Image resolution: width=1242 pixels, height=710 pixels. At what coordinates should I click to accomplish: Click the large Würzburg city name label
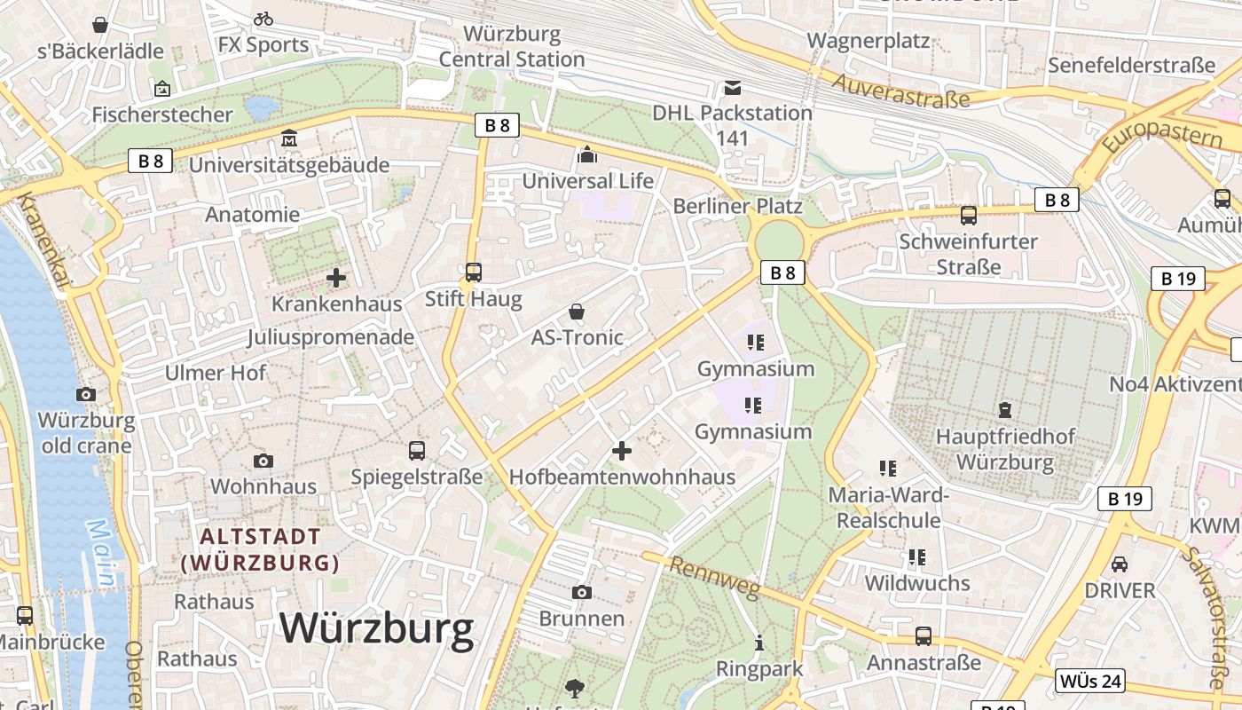[x=377, y=628]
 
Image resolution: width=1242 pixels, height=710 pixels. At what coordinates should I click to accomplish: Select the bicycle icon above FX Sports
[x=263, y=19]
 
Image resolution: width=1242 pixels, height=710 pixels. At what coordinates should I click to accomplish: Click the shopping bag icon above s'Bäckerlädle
[x=100, y=25]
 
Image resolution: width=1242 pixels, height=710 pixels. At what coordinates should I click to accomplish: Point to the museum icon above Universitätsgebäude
[x=289, y=138]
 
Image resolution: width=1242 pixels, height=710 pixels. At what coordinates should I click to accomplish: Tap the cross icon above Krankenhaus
[x=336, y=278]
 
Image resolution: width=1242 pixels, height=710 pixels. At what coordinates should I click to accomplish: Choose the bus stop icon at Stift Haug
[x=474, y=272]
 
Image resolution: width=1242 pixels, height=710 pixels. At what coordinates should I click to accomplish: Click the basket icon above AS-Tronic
[x=577, y=312]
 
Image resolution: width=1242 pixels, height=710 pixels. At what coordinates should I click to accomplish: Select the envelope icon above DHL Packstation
[x=733, y=88]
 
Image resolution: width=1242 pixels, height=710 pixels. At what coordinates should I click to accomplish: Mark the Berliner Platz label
[x=738, y=206]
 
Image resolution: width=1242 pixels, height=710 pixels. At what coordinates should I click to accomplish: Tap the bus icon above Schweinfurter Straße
[x=969, y=215]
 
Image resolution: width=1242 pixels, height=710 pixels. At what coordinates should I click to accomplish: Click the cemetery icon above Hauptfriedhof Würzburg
[x=1004, y=410]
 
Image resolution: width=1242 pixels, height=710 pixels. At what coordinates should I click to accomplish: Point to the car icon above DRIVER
[x=1120, y=564]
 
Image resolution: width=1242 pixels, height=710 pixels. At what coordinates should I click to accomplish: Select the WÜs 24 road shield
[x=1090, y=681]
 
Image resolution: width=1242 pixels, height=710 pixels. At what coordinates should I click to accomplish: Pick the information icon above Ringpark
[x=759, y=643]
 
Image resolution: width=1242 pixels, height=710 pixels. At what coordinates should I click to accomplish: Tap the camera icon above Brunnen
[x=582, y=592]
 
